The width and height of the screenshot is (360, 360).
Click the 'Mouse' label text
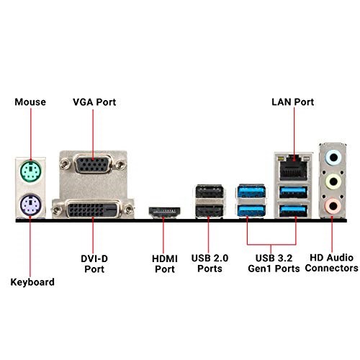[x=30, y=102]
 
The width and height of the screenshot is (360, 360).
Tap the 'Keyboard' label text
[x=32, y=282]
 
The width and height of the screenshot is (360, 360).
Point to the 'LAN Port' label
[x=292, y=102]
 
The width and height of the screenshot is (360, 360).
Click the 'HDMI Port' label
[x=163, y=263]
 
